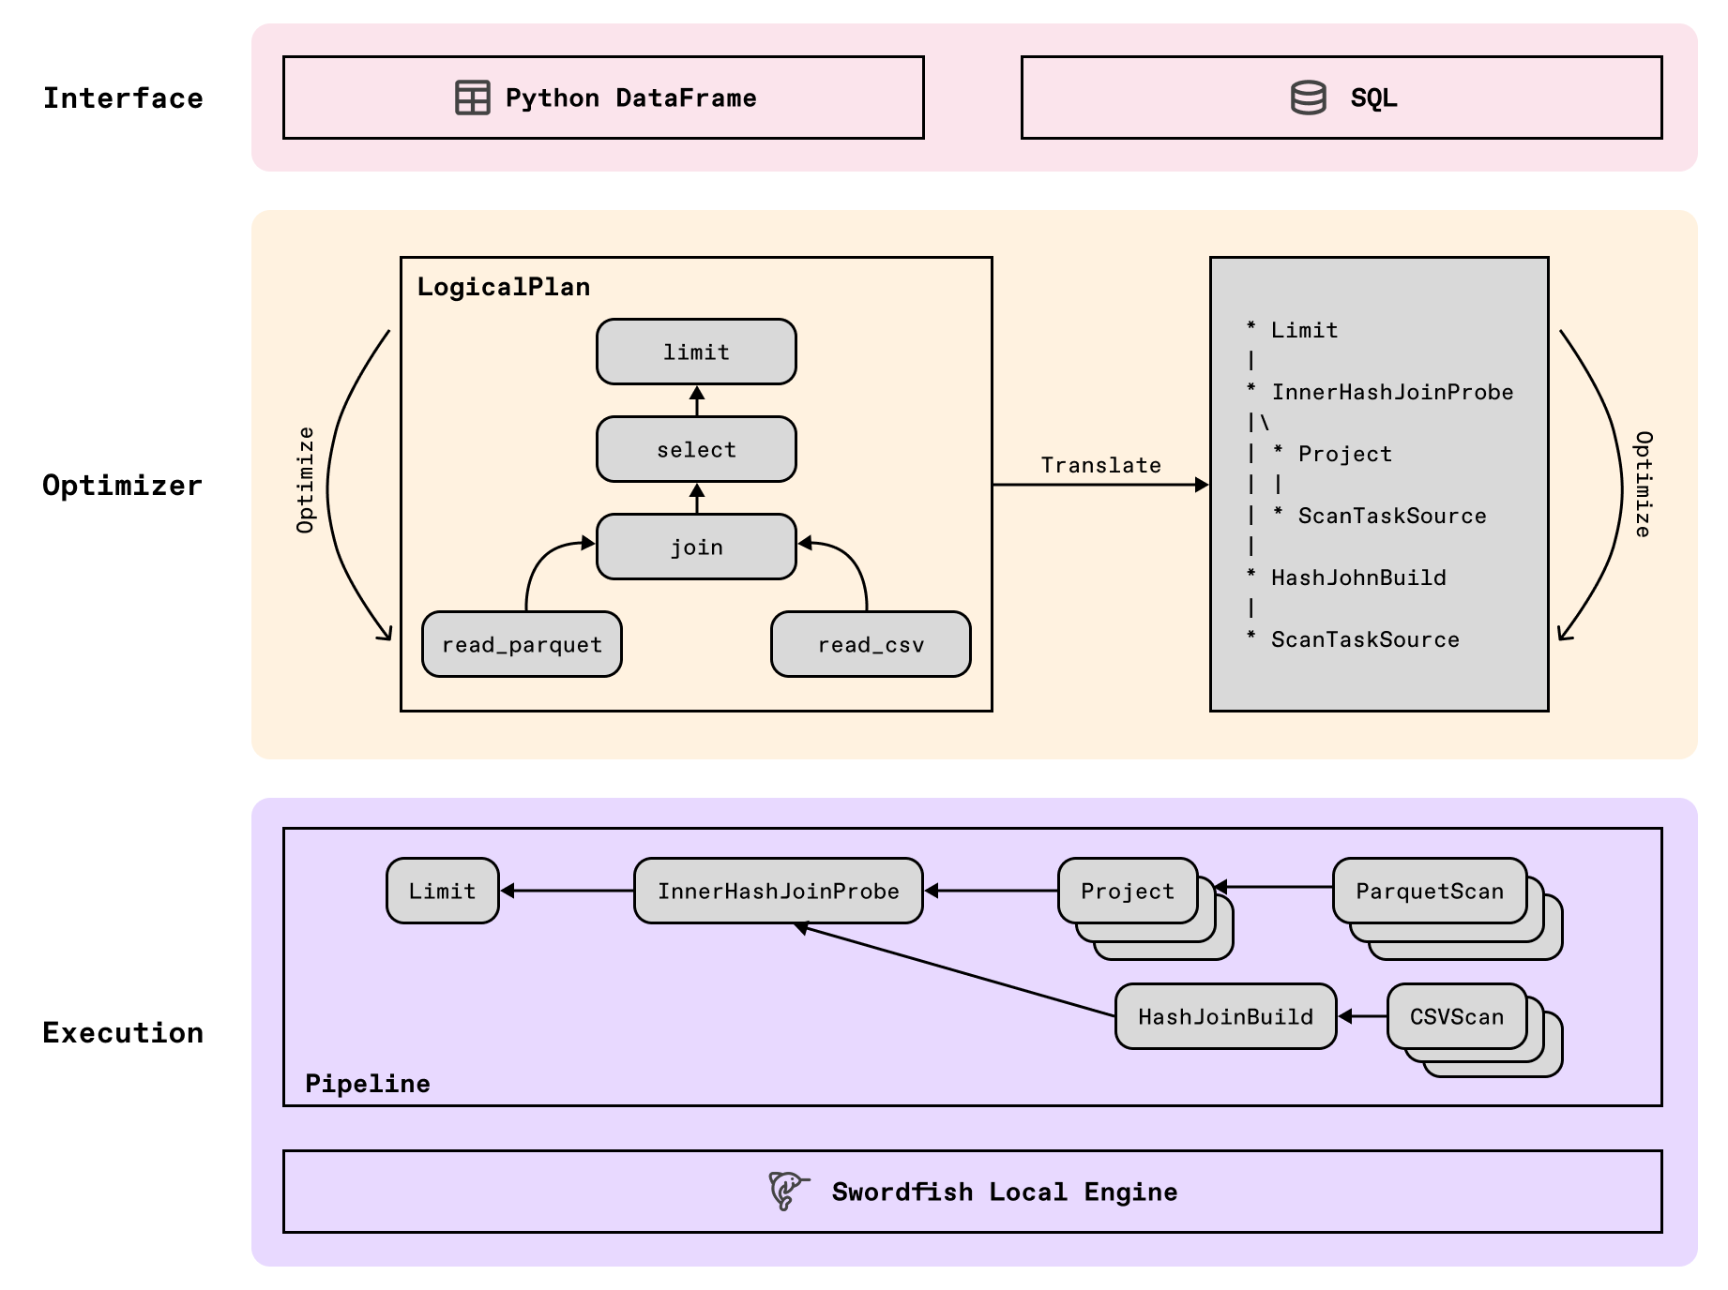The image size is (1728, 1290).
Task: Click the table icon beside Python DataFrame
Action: click(472, 97)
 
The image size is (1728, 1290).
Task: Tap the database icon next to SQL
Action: click(1308, 97)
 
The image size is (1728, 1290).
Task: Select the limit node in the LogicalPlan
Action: click(696, 352)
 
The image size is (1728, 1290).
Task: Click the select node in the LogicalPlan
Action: click(696, 449)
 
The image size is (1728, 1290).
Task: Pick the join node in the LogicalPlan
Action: click(696, 547)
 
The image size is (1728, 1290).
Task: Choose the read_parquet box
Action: click(522, 644)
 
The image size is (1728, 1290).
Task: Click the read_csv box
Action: click(871, 644)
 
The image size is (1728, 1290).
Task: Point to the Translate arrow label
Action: click(1100, 465)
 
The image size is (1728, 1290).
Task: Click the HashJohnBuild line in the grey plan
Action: click(1357, 577)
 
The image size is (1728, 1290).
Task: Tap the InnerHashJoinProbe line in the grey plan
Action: click(1391, 392)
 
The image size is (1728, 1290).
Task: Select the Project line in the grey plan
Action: click(1343, 454)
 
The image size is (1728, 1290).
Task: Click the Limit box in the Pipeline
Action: click(442, 891)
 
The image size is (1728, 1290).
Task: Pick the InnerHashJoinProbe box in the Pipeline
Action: click(778, 891)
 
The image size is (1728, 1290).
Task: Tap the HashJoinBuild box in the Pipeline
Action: click(1224, 1016)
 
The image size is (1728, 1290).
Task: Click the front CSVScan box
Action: click(1456, 1016)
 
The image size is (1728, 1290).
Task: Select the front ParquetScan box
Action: click(1429, 891)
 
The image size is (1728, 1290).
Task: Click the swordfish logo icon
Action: click(787, 1191)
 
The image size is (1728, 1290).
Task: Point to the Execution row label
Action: click(123, 1032)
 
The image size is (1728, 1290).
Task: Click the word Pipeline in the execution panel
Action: click(367, 1084)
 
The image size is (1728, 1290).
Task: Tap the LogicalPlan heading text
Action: click(503, 287)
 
